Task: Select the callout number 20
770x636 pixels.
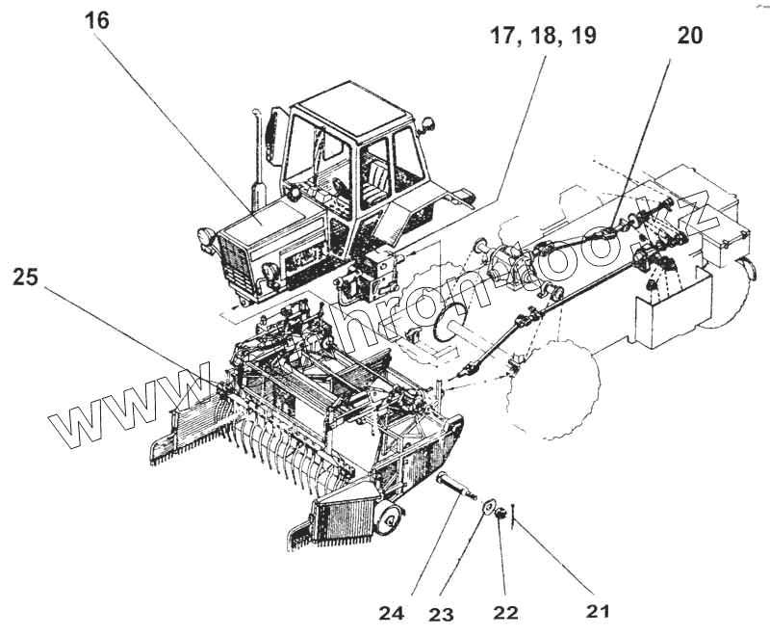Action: coord(689,36)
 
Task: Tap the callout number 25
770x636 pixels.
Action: coord(27,278)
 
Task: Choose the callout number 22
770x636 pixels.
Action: coord(504,611)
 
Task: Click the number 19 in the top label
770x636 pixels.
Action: coord(581,37)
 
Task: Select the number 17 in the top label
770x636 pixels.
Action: coord(506,37)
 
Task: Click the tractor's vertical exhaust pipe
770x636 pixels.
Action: coord(257,164)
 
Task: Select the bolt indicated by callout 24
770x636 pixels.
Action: coord(456,488)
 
